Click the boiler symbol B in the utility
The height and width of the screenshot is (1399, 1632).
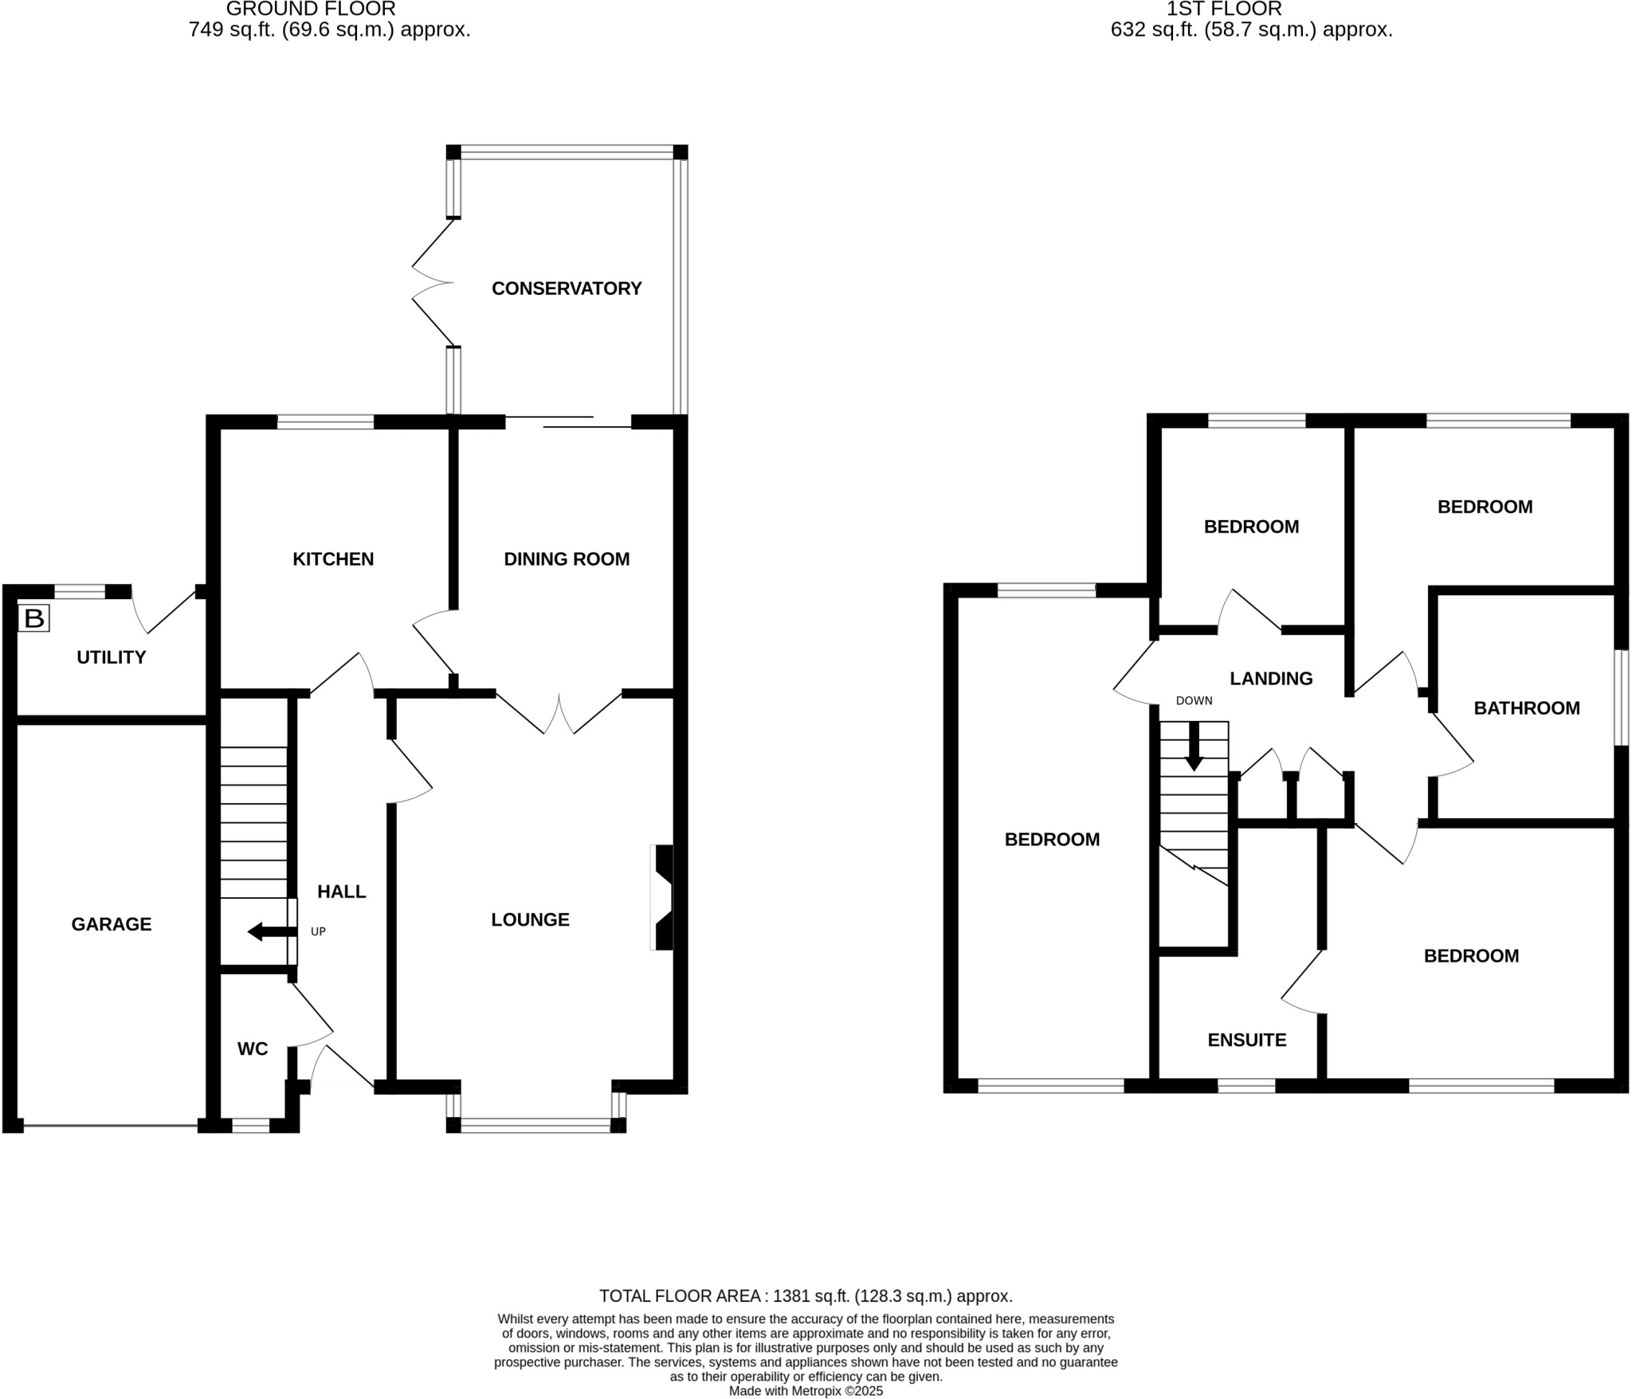pyautogui.click(x=34, y=618)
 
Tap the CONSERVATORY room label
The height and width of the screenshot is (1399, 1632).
pyautogui.click(x=566, y=288)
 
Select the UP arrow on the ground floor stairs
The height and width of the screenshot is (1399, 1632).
pyautogui.click(x=266, y=931)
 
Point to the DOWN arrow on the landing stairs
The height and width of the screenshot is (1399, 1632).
pyautogui.click(x=1193, y=747)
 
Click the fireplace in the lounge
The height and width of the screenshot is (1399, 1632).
pyautogui.click(x=663, y=897)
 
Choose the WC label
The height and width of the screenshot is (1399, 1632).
pyautogui.click(x=253, y=1049)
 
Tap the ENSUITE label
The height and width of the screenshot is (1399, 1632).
pyautogui.click(x=1246, y=1040)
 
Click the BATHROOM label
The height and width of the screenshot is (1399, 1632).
pyautogui.click(x=1526, y=708)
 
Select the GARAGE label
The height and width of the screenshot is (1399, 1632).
pyautogui.click(x=111, y=924)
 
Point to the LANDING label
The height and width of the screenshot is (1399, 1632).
pyautogui.click(x=1270, y=679)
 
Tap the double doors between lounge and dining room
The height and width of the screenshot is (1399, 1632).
pyautogui.click(x=559, y=714)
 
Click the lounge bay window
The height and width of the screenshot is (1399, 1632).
pyautogui.click(x=535, y=1125)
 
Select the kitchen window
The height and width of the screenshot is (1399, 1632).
pyautogui.click(x=325, y=421)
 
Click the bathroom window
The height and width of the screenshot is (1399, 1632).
pyautogui.click(x=1621, y=697)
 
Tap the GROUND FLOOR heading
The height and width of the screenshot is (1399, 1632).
pyautogui.click(x=311, y=10)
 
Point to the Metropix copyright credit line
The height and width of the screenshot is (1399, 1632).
pyautogui.click(x=806, y=1391)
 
